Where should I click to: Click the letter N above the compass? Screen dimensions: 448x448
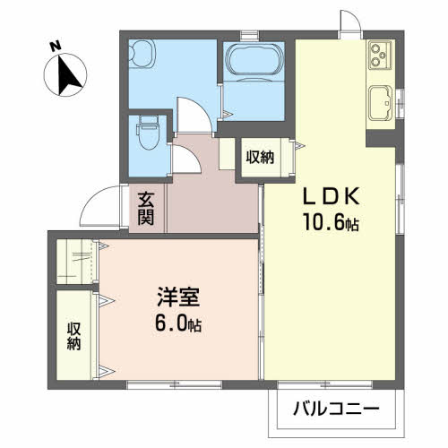click(x=56, y=47)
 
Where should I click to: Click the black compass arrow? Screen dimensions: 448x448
click(x=68, y=74)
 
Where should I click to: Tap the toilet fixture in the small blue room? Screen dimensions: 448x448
click(x=148, y=133)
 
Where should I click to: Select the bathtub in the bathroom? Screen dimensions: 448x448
click(x=254, y=59)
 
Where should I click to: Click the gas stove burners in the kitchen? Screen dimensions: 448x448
click(x=380, y=55)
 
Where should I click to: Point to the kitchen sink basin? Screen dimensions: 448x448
click(x=381, y=103)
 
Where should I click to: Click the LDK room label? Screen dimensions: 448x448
click(x=331, y=196)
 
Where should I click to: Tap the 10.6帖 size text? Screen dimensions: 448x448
click(x=331, y=221)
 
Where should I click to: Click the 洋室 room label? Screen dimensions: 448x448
click(x=178, y=297)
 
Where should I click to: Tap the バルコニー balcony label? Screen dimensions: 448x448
click(x=336, y=409)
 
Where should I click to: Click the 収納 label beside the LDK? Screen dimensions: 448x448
click(x=260, y=157)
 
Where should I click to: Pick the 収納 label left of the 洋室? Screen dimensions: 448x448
click(x=73, y=336)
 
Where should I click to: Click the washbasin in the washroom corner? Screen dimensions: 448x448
click(x=142, y=54)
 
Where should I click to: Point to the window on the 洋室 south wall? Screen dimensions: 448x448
click(x=174, y=384)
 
